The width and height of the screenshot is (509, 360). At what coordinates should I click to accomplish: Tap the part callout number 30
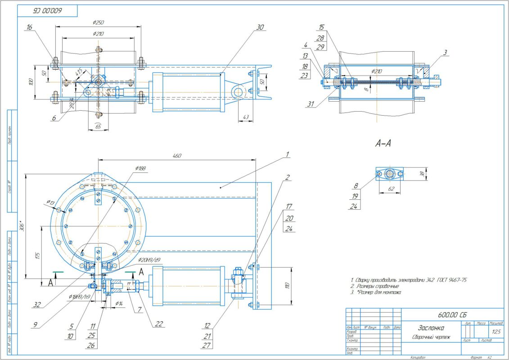(x=260, y=27)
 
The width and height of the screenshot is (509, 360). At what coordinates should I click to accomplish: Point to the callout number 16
(x=30, y=27)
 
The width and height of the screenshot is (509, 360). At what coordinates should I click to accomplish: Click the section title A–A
(x=383, y=144)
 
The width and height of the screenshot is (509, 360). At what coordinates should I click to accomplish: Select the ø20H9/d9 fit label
(x=148, y=260)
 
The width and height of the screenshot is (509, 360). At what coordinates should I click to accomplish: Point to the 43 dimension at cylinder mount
(x=245, y=117)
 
